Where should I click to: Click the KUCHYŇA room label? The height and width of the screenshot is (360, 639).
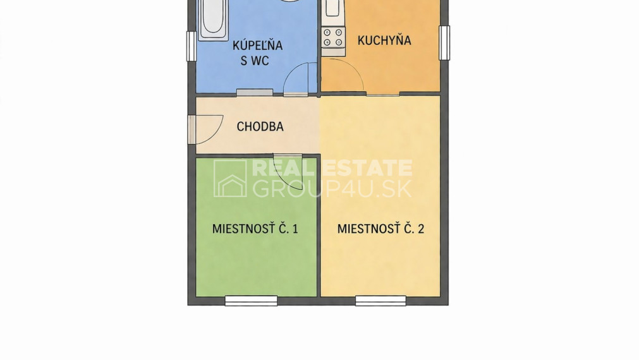(x=384, y=40)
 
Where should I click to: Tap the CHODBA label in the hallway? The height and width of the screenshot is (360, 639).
(x=260, y=126)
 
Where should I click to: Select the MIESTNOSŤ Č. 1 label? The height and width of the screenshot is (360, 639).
(x=255, y=228)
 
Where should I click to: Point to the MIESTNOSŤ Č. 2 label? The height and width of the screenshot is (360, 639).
(x=380, y=228)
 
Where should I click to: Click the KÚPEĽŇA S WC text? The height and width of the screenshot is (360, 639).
(x=257, y=53)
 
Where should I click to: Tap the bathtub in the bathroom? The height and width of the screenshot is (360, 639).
(x=213, y=19)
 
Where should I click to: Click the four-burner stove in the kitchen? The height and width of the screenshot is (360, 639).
(x=333, y=37)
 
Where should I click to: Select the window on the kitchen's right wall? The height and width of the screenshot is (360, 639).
(x=444, y=43)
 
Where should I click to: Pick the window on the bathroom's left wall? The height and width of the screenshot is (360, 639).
(x=191, y=47)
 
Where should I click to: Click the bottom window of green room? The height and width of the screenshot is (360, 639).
(x=251, y=301)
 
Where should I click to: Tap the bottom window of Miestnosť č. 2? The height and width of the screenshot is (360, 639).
(x=380, y=301)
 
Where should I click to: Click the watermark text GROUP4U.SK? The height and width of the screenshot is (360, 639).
(x=332, y=189)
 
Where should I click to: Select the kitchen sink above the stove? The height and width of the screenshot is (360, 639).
(x=332, y=9)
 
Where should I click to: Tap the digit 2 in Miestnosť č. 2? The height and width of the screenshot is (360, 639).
(x=421, y=229)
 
